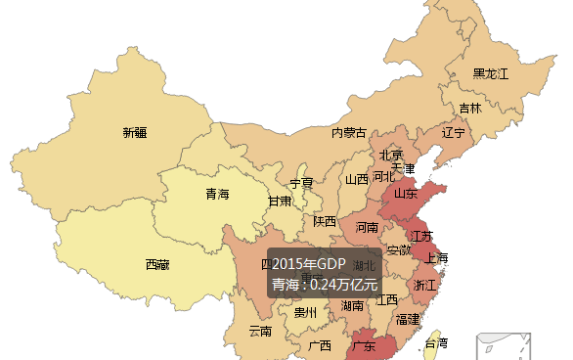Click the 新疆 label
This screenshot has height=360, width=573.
tap(135, 132)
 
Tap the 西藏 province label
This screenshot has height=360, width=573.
tap(157, 264)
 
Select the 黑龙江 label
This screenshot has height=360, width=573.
tap(490, 73)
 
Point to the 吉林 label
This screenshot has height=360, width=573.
tap(470, 109)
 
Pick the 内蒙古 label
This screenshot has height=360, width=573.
tap(349, 133)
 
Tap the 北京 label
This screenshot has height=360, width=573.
tap(391, 155)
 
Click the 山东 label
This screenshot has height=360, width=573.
tap(406, 193)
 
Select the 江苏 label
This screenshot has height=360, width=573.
tap(421, 236)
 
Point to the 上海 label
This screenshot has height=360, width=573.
tap(436, 258)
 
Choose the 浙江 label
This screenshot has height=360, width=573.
tap(425, 286)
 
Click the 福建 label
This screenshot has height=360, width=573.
tap(408, 319)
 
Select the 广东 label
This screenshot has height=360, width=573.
tap(364, 346)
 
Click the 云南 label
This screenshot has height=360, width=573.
tap(260, 331)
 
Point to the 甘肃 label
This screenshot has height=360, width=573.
tap(280, 202)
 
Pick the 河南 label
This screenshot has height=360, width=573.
tap(367, 227)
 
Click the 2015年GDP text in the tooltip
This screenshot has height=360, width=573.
tap(309, 264)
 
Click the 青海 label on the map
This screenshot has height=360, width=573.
tap(217, 194)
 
